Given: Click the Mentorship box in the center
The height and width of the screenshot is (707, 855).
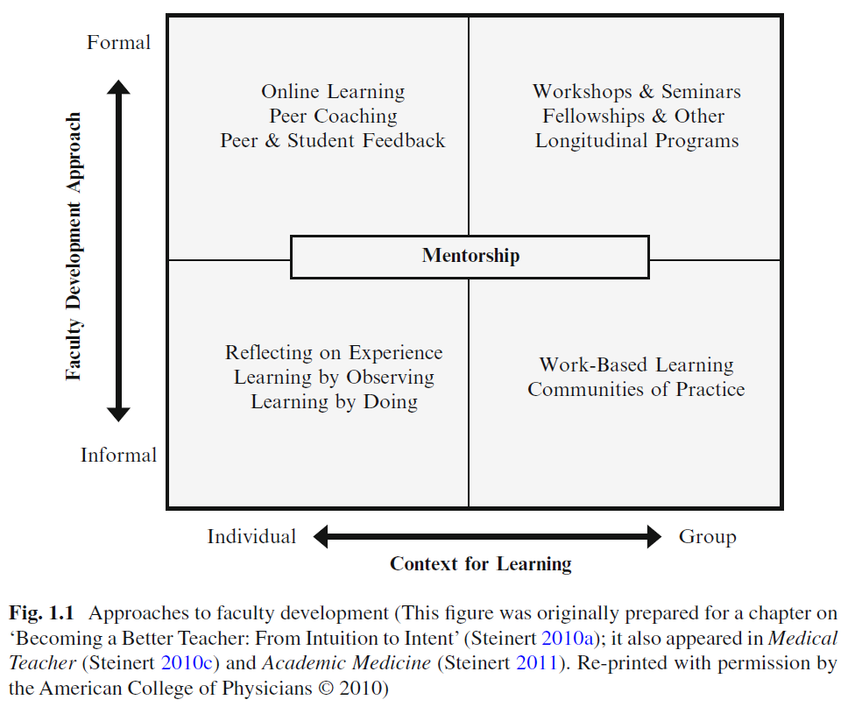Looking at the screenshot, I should (x=470, y=256).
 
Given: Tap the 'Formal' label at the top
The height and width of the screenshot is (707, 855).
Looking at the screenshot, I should (x=119, y=42).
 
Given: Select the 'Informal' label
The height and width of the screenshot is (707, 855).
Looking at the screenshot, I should (x=119, y=455).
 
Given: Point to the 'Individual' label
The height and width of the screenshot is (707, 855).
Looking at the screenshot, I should (x=251, y=536).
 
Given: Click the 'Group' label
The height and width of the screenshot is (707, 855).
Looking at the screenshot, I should (x=707, y=536).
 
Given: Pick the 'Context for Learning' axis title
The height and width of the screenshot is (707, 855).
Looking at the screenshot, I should (x=481, y=563).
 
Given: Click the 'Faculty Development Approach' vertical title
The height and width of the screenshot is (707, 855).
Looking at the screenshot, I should (x=74, y=245).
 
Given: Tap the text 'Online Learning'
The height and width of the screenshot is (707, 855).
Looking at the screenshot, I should (x=333, y=91).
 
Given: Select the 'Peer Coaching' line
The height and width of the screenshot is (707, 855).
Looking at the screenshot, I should (x=333, y=116).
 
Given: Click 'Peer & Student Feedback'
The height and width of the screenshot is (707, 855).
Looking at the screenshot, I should (x=333, y=140).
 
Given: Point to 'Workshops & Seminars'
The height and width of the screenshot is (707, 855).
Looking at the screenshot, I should (x=637, y=91).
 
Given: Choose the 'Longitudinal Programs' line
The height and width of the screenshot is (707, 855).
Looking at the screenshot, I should (x=637, y=140).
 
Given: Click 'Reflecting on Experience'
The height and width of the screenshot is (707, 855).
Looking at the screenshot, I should (x=334, y=352).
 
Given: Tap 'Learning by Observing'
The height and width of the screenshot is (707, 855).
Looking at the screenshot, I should (x=334, y=377).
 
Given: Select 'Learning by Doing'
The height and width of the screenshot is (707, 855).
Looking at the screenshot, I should (x=334, y=401).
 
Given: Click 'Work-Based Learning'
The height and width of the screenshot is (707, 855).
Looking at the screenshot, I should (x=637, y=364).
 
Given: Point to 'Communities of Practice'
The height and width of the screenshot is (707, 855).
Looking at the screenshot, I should (x=637, y=389).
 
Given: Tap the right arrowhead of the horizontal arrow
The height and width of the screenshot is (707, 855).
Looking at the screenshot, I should (x=654, y=536).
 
